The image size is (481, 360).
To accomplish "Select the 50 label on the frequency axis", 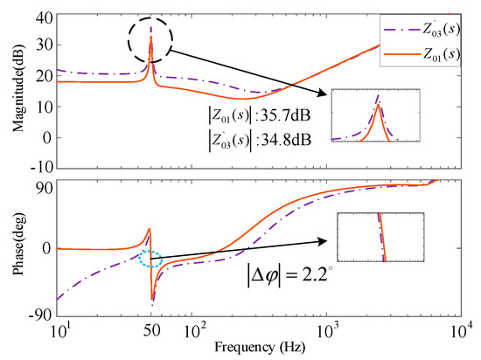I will click(x=151, y=328).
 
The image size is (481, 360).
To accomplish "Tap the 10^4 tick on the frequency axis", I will click(x=464, y=328).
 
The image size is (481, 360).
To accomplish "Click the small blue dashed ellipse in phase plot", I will click(x=150, y=259).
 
